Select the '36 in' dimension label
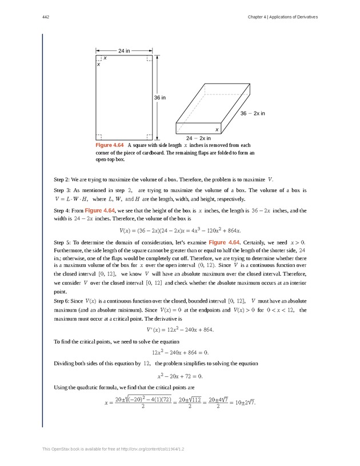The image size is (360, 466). (x=160, y=98)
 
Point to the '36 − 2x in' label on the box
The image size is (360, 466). (x=253, y=113)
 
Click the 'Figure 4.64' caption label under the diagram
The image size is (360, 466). (x=109, y=146)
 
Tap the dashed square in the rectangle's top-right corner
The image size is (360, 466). (x=149, y=58)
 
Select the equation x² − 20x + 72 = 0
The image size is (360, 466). (x=181, y=376)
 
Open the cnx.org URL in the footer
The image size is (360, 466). (x=153, y=450)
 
